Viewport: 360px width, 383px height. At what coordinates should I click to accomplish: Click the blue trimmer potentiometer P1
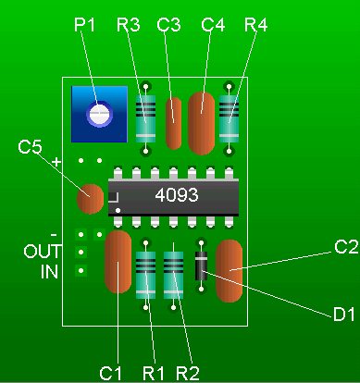click(x=99, y=114)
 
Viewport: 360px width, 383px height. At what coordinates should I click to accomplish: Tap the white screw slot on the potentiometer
click(x=99, y=114)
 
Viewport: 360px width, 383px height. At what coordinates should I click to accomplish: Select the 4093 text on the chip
click(x=177, y=195)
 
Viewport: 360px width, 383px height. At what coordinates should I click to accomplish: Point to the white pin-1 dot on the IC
click(x=118, y=210)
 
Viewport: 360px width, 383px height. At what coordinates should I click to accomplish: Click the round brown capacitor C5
click(x=90, y=199)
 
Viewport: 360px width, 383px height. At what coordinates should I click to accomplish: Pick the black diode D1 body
click(x=201, y=266)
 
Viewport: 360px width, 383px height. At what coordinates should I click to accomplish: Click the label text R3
click(x=129, y=25)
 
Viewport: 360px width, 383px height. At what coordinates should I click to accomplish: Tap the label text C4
click(x=213, y=25)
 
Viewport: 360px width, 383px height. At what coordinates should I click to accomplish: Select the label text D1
click(x=344, y=315)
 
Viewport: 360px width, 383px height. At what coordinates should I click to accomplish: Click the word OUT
click(x=43, y=252)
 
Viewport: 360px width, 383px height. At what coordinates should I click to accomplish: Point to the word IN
click(x=49, y=272)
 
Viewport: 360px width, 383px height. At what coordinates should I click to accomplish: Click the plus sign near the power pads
click(x=56, y=162)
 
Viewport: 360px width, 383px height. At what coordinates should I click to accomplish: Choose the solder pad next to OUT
click(x=81, y=253)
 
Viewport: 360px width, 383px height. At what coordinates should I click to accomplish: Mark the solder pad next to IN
click(x=81, y=271)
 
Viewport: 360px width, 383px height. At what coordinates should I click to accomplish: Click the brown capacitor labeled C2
click(x=229, y=271)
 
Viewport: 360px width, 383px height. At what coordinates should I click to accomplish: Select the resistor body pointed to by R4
click(x=229, y=119)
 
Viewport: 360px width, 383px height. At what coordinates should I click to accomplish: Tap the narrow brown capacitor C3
click(x=174, y=123)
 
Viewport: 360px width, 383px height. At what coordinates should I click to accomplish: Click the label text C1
click(x=111, y=373)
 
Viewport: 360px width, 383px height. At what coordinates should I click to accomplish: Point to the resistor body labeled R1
click(x=145, y=275)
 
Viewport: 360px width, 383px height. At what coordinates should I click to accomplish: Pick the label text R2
click(x=188, y=373)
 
